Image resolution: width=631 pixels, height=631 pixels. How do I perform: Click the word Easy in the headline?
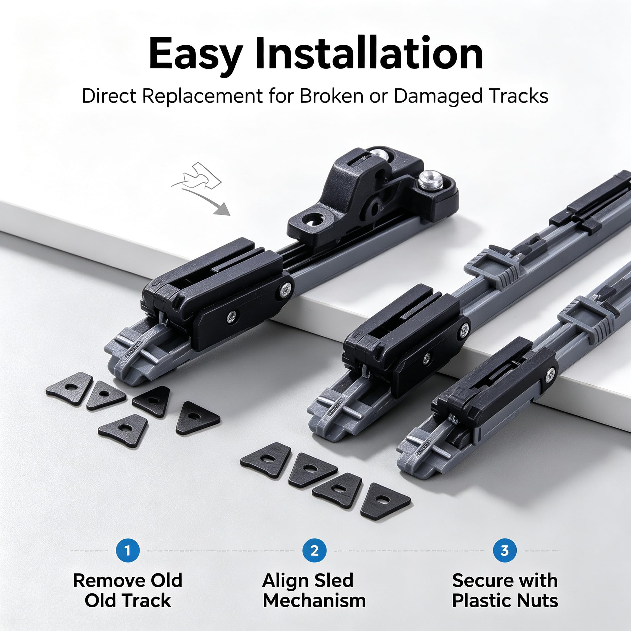click(196, 54)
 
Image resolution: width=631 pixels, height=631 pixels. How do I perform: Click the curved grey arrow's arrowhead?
click(223, 209)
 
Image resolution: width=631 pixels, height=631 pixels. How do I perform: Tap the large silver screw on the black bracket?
click(430, 179)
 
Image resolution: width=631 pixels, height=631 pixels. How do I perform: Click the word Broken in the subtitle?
click(331, 97)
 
